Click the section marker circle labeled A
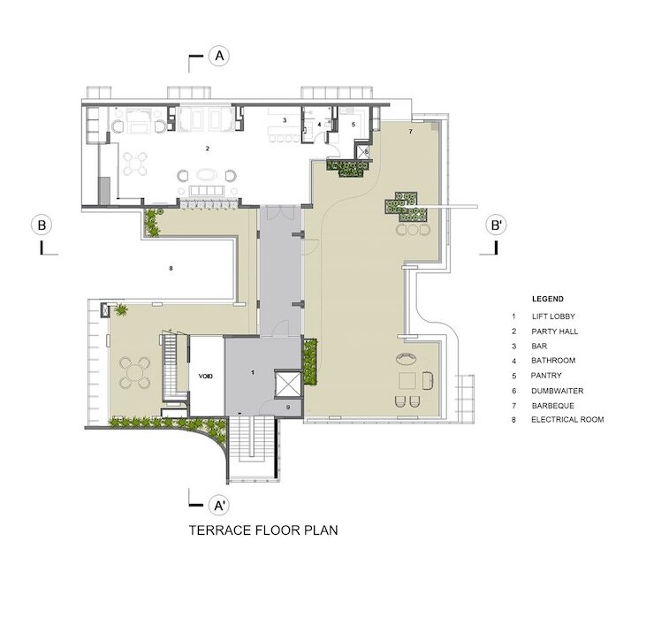pos(219,56)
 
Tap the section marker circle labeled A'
pos(219,506)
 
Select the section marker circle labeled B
pos(42,225)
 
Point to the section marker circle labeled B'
pos(497,225)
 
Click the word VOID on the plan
pos(206,377)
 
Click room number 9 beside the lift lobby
pos(288,408)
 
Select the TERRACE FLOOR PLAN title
pos(263,530)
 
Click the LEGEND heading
pos(548,299)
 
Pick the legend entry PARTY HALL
pos(555,332)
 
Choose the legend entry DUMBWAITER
pos(558,391)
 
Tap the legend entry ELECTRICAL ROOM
pos(567,420)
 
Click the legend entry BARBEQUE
pos(553,406)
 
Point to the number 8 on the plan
pos(171,268)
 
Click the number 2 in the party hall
pos(208,149)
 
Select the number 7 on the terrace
pos(410,132)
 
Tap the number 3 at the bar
pos(285,120)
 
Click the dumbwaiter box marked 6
pos(362,151)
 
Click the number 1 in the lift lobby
pos(253,372)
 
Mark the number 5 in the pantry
pos(354,125)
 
